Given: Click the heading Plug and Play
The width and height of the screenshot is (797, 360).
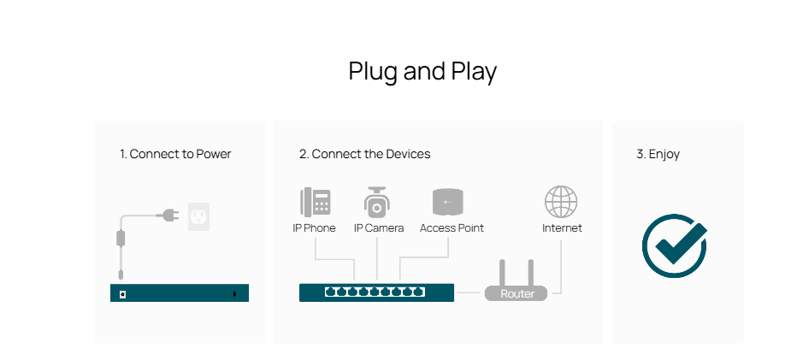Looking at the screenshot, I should (422, 72).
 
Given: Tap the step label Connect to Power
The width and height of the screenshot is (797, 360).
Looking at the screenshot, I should (175, 155).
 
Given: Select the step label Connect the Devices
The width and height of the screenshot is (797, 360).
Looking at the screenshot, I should (364, 155).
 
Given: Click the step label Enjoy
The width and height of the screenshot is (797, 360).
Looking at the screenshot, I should (658, 155).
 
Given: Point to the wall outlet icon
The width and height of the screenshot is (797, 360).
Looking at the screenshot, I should (198, 216).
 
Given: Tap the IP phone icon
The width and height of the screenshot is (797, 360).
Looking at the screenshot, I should (315, 204).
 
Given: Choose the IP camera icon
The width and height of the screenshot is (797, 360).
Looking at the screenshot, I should (377, 204).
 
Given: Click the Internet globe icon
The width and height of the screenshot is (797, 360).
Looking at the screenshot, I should (561, 203).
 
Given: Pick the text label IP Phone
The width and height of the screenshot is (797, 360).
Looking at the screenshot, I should (314, 228).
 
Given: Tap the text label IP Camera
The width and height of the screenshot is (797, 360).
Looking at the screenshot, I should (378, 228).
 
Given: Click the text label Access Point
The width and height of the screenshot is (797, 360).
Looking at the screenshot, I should (452, 228).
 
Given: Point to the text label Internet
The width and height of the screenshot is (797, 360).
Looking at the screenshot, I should (562, 228).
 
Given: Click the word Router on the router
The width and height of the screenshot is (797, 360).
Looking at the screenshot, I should (517, 294).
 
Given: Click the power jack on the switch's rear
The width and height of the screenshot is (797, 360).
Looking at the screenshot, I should (125, 294).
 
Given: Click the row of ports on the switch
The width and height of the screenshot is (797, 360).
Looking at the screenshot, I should (375, 292).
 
